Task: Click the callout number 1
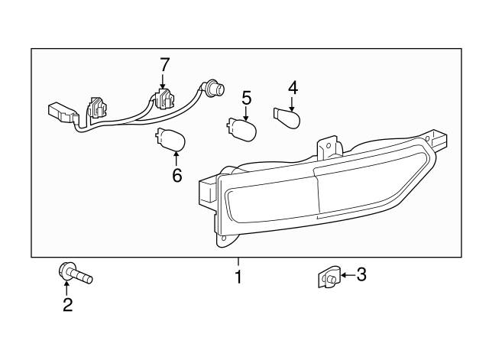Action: pos(238,277)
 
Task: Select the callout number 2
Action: pos(67,306)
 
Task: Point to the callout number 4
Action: pos(293,88)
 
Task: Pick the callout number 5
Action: pos(245,98)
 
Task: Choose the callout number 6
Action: pos(176,175)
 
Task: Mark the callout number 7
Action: pos(163,66)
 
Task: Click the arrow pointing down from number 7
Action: pos(163,83)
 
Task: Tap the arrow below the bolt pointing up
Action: pos(67,290)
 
